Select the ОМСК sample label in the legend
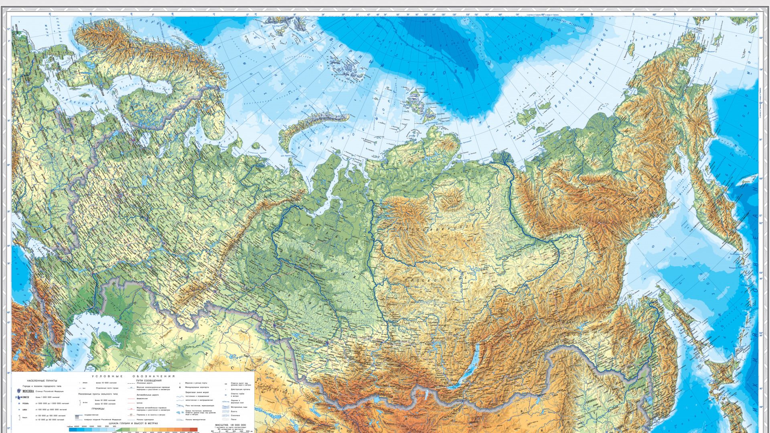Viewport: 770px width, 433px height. [25, 397]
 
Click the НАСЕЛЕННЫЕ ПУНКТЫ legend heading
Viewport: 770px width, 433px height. [42, 380]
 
